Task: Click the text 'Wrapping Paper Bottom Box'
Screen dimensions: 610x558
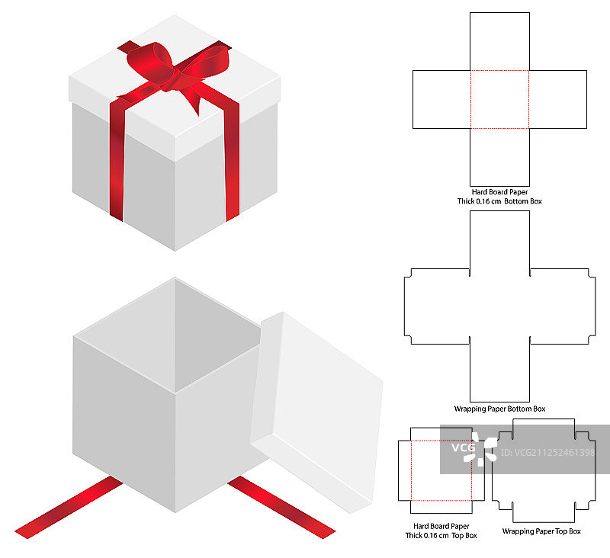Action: (x=499, y=409)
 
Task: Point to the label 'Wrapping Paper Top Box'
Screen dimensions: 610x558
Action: (x=541, y=531)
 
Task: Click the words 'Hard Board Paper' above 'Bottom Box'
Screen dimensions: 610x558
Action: (x=499, y=191)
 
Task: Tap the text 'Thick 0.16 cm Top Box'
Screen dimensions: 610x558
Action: (x=441, y=535)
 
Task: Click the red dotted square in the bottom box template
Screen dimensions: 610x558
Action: (x=499, y=99)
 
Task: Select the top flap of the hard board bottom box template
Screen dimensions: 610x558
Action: (x=499, y=41)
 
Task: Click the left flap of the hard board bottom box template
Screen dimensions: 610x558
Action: (x=441, y=99)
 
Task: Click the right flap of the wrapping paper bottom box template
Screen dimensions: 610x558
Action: (x=563, y=306)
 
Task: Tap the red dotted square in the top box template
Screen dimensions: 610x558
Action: (x=441, y=470)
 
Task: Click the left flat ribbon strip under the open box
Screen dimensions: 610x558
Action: (x=69, y=508)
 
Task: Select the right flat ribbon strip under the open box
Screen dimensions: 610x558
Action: (x=281, y=508)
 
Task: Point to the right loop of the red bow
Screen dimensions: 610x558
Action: (x=206, y=62)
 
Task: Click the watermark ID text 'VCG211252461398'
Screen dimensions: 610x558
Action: (x=547, y=452)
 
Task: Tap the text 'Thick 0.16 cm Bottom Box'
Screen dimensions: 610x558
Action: (x=499, y=201)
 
